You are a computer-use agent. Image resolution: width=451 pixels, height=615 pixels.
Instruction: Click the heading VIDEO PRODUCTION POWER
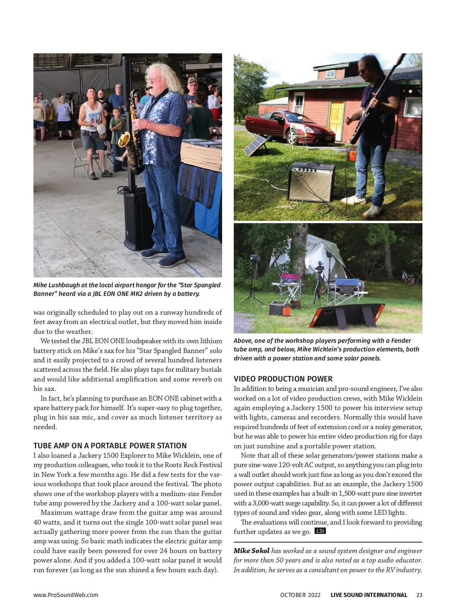click(283, 379)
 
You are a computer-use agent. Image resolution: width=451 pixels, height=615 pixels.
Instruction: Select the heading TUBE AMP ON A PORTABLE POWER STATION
click(110, 446)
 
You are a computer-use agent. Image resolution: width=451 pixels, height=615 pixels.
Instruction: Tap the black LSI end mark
click(320, 531)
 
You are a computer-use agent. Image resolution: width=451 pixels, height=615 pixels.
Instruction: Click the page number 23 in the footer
click(419, 595)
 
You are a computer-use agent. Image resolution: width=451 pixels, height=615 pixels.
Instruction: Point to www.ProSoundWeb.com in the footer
click(66, 595)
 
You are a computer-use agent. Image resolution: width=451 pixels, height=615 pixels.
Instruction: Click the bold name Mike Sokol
click(251, 551)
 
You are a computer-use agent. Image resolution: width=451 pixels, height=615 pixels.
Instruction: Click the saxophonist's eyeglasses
click(151, 79)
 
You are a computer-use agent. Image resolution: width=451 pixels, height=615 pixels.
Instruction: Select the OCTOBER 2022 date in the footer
click(300, 595)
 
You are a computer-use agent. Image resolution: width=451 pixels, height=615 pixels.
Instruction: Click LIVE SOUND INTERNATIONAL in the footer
click(369, 595)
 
